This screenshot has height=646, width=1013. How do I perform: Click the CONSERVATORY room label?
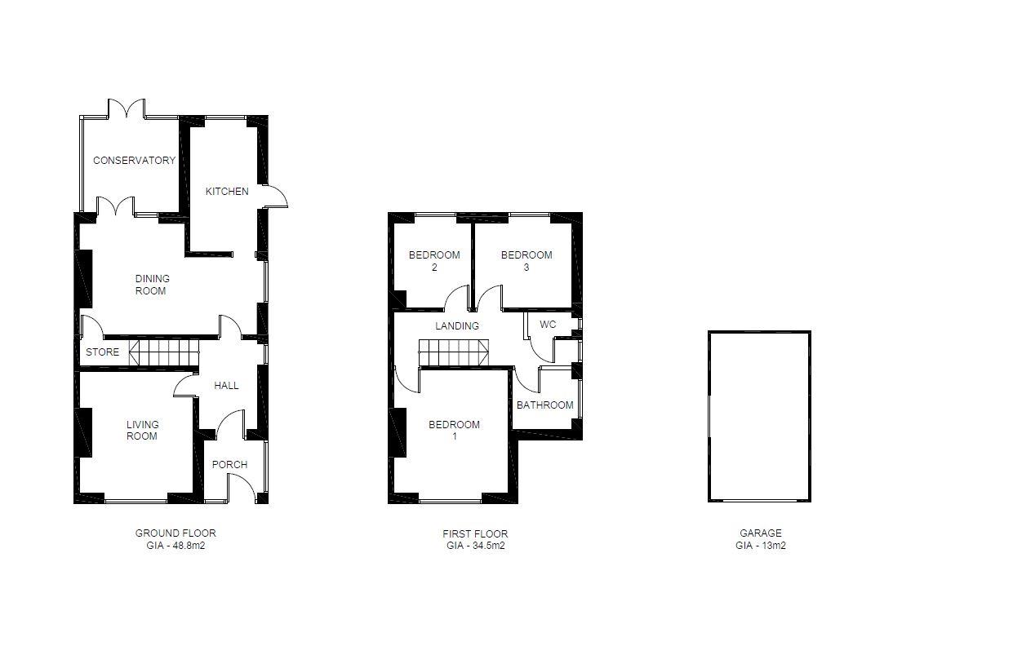(134, 161)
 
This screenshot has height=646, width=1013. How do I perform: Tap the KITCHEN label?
(227, 192)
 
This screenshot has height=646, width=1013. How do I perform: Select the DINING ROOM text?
(152, 285)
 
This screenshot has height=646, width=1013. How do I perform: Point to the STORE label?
(102, 353)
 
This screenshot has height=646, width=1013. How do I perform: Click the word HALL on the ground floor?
(226, 385)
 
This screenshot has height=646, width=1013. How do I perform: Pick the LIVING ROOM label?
(142, 430)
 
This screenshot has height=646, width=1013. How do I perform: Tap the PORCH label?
(229, 465)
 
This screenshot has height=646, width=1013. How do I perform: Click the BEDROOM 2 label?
(434, 261)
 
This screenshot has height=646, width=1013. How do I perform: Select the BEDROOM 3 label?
(526, 261)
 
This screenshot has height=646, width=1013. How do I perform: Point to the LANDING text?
(457, 326)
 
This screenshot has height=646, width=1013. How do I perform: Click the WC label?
(548, 325)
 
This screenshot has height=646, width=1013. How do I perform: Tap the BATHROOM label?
(545, 405)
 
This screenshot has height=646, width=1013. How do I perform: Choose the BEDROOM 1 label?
(455, 430)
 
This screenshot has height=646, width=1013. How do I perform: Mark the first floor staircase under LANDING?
(454, 354)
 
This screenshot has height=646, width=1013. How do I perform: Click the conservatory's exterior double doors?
(127, 109)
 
